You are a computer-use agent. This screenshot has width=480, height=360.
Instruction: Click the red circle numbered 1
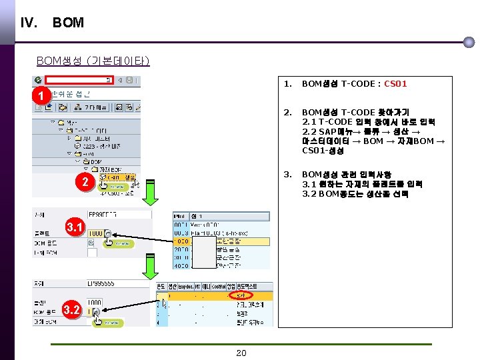click(x=41, y=96)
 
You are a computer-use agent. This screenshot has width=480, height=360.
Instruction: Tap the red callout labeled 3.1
click(x=75, y=229)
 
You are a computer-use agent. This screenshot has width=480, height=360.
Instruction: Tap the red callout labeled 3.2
click(x=73, y=309)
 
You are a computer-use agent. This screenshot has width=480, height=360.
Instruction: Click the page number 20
click(x=241, y=353)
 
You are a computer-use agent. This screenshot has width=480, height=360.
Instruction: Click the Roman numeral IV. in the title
click(x=29, y=23)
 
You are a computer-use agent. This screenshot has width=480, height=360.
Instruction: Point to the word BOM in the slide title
click(x=68, y=23)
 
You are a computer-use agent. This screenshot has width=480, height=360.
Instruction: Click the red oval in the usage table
click(x=241, y=295)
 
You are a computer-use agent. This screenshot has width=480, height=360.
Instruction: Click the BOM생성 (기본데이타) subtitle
click(x=93, y=61)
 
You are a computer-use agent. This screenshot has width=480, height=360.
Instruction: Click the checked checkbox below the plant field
click(x=92, y=243)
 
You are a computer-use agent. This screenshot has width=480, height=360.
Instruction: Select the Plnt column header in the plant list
click(x=180, y=217)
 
